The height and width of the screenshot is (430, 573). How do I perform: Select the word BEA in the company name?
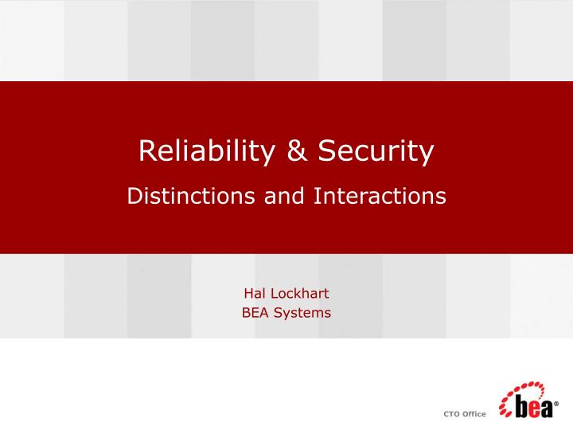[x=255, y=312]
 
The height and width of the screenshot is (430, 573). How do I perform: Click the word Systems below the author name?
[x=302, y=312]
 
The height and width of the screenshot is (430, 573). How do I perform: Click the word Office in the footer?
[x=475, y=413]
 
